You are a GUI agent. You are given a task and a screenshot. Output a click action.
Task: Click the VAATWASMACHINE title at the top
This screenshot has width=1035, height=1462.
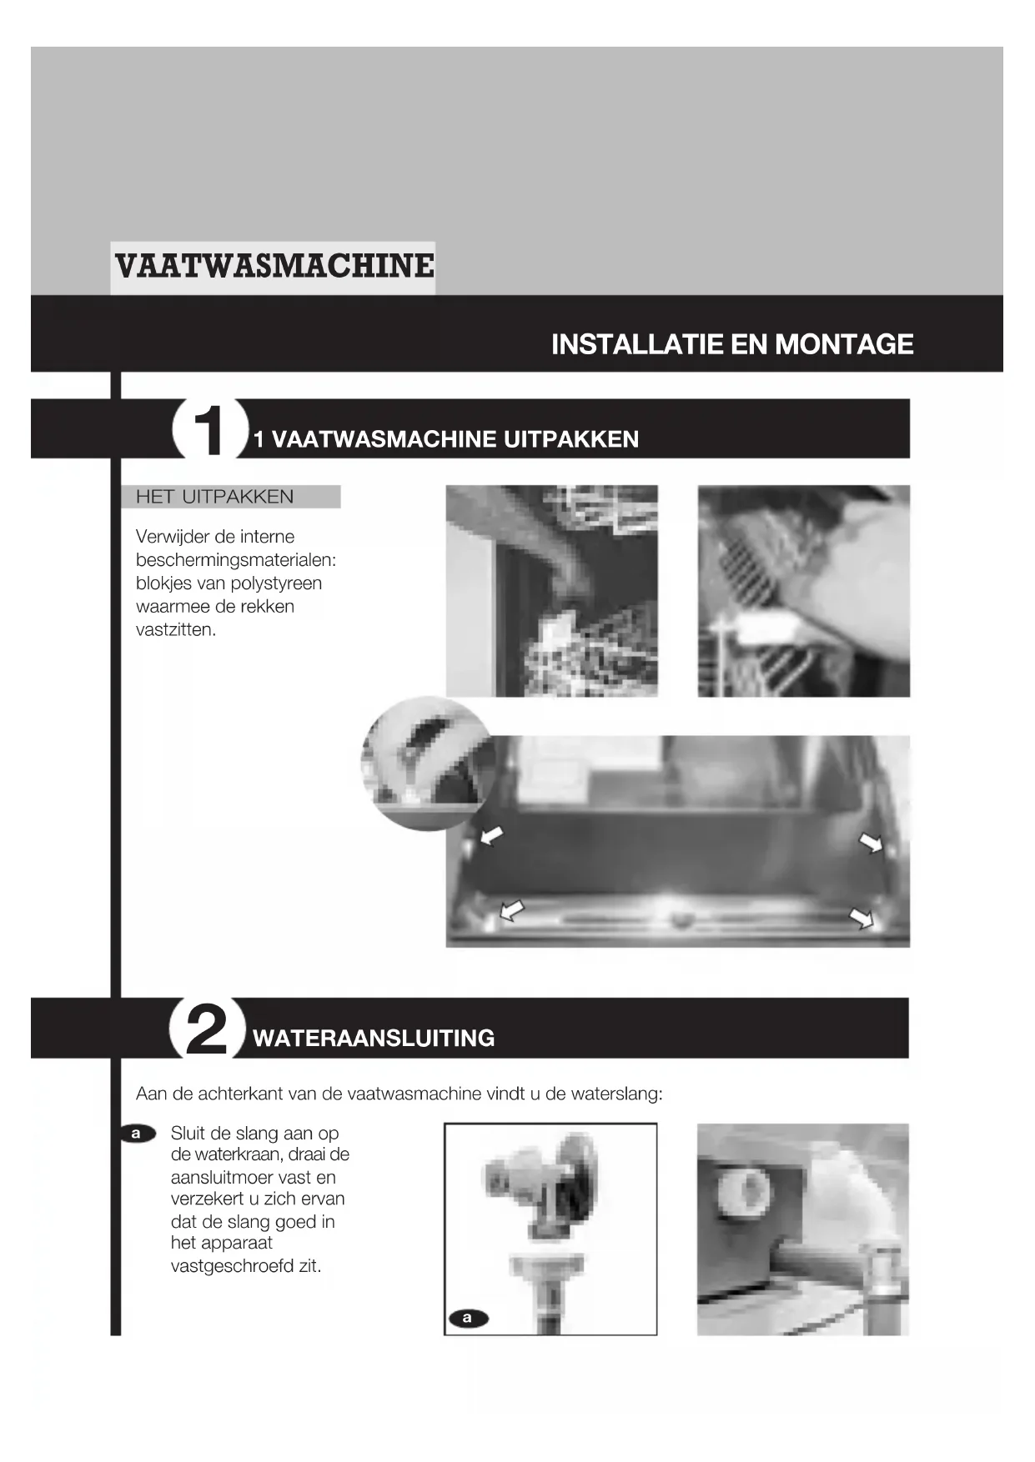pos(274,267)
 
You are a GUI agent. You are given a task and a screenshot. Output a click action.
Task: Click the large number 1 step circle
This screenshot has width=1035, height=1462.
pos(209,430)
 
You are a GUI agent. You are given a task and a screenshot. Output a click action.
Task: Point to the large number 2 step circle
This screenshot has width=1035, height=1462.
pos(208,1029)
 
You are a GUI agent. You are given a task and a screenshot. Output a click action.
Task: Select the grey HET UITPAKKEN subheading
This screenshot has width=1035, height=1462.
pos(215,497)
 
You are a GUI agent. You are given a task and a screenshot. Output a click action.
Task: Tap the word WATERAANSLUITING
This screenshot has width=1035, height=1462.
pos(374,1039)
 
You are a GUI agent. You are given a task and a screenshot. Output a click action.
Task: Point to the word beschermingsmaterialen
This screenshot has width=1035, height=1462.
pos(236,560)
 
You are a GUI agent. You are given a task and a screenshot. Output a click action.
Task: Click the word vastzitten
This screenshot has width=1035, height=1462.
pos(176,629)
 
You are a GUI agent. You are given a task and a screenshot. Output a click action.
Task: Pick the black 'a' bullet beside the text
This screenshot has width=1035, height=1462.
pos(138,1134)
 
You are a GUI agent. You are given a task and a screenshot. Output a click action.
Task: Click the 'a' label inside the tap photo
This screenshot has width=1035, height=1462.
pos(468,1318)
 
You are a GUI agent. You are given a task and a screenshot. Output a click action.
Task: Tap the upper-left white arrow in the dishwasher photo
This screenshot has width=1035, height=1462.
pos(492,834)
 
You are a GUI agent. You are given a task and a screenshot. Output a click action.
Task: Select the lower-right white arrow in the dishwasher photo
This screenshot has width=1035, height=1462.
pos(862,919)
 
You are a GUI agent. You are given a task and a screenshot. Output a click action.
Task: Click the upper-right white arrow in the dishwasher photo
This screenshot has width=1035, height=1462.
pos(872,844)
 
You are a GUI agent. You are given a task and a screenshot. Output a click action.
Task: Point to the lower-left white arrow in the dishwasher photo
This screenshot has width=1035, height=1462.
pos(511,911)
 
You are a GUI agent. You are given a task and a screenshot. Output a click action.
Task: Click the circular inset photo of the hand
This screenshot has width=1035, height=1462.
pos(429,764)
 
